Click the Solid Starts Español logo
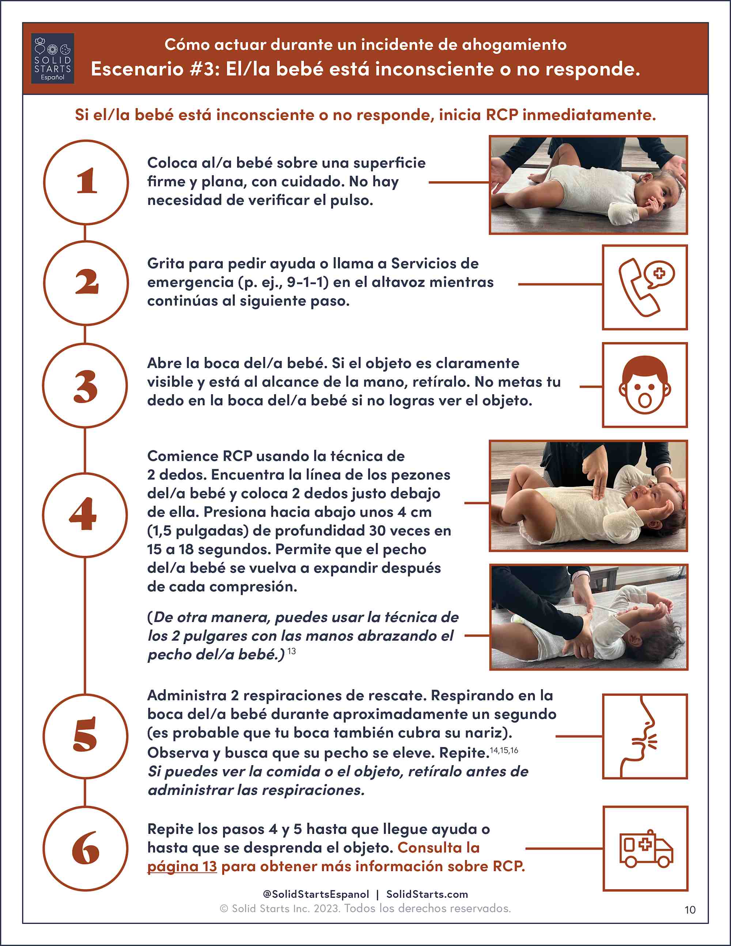click(x=52, y=58)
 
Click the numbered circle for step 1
click(x=86, y=182)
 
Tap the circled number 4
click(x=85, y=515)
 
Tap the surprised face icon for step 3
click(x=645, y=385)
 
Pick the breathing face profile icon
click(x=639, y=736)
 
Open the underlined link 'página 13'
click(x=182, y=866)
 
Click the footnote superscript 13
click(x=291, y=651)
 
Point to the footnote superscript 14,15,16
click(x=504, y=750)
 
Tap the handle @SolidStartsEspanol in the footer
click(x=316, y=894)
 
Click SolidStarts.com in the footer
click(x=427, y=894)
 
